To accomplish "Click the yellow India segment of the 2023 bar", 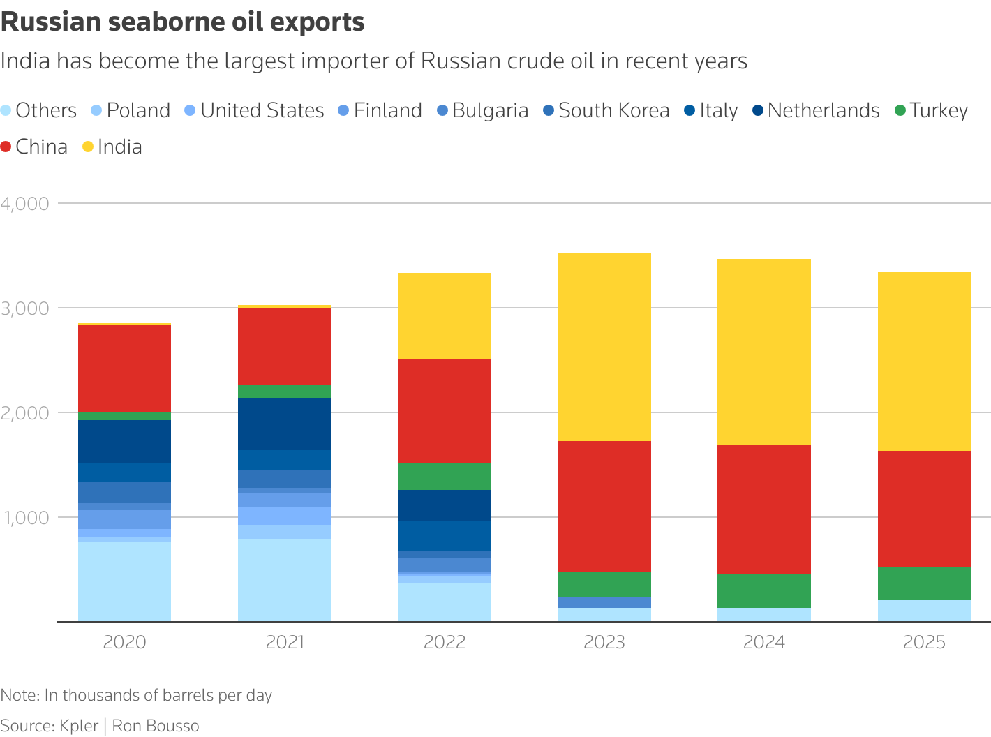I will click(604, 347).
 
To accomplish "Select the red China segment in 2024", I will click(764, 509).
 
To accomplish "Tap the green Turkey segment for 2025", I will click(924, 583).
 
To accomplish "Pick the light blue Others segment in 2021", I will click(285, 580).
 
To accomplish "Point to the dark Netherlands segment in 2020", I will click(124, 441).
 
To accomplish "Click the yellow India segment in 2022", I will click(445, 316).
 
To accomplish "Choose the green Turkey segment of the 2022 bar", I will click(445, 477).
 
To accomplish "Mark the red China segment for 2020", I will click(124, 368).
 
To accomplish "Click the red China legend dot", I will click(6, 147).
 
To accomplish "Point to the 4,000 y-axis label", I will click(25, 204).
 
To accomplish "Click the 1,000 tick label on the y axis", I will click(25, 518).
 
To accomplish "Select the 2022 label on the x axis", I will click(445, 642).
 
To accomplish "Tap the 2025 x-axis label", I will click(924, 642).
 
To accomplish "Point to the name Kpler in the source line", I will click(79, 726).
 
